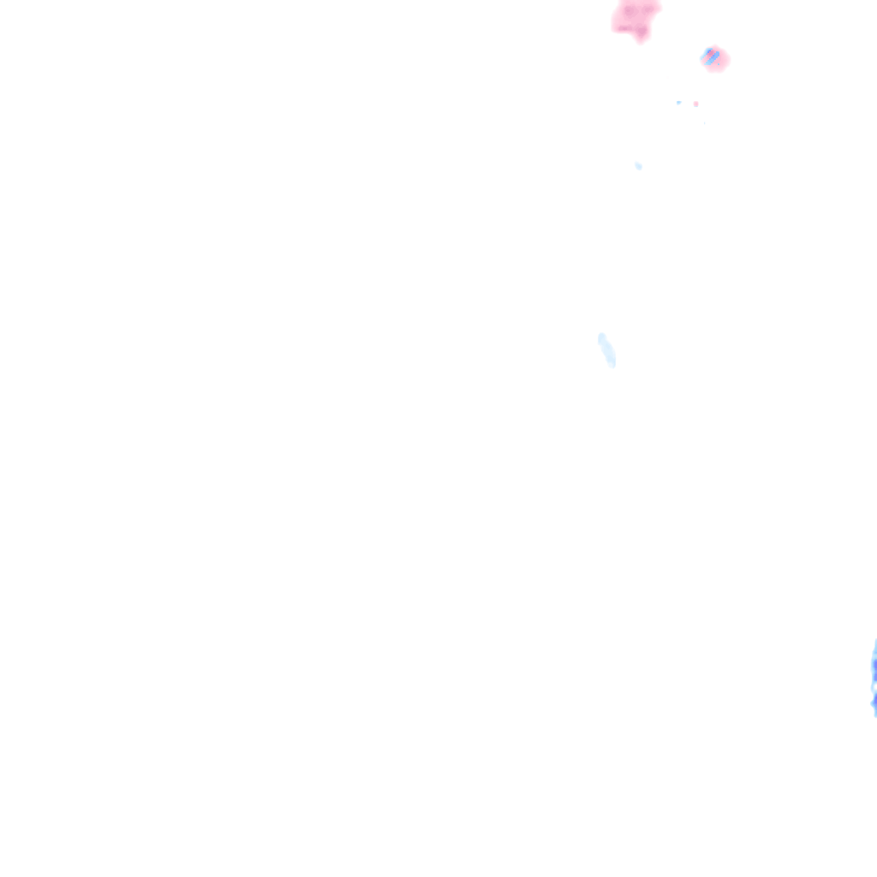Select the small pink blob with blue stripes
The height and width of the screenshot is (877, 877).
pos(713,58)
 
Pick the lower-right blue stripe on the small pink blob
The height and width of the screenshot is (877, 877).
pos(713,60)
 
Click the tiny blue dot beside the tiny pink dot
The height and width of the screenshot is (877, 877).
pos(678,103)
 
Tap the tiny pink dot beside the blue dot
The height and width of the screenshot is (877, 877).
pos(695,104)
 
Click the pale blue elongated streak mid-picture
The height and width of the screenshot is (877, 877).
pos(606,349)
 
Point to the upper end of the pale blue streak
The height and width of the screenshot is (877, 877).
pos(601,337)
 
